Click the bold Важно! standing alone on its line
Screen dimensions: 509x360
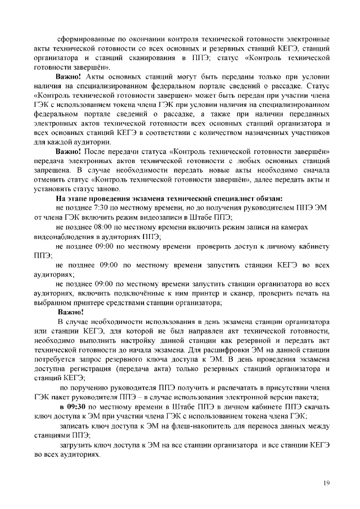coord(70,312)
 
